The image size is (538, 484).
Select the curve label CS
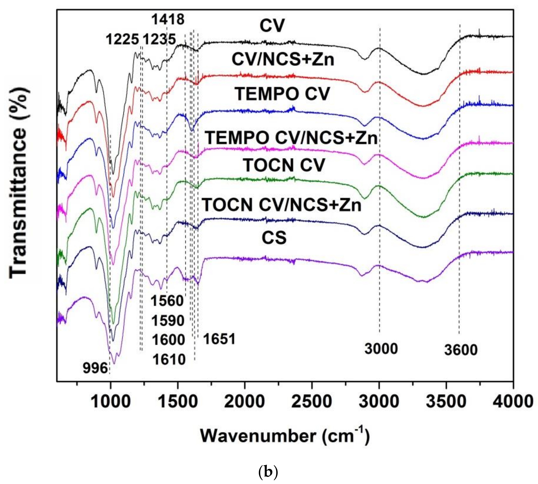(274, 238)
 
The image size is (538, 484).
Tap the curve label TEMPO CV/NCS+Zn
(292, 138)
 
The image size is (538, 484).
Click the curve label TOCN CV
(284, 165)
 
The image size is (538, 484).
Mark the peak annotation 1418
(168, 19)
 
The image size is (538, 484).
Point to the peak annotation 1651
(219, 340)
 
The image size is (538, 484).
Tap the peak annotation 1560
(167, 301)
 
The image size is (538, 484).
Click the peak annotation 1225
(122, 40)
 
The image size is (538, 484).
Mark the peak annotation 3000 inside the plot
(381, 349)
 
